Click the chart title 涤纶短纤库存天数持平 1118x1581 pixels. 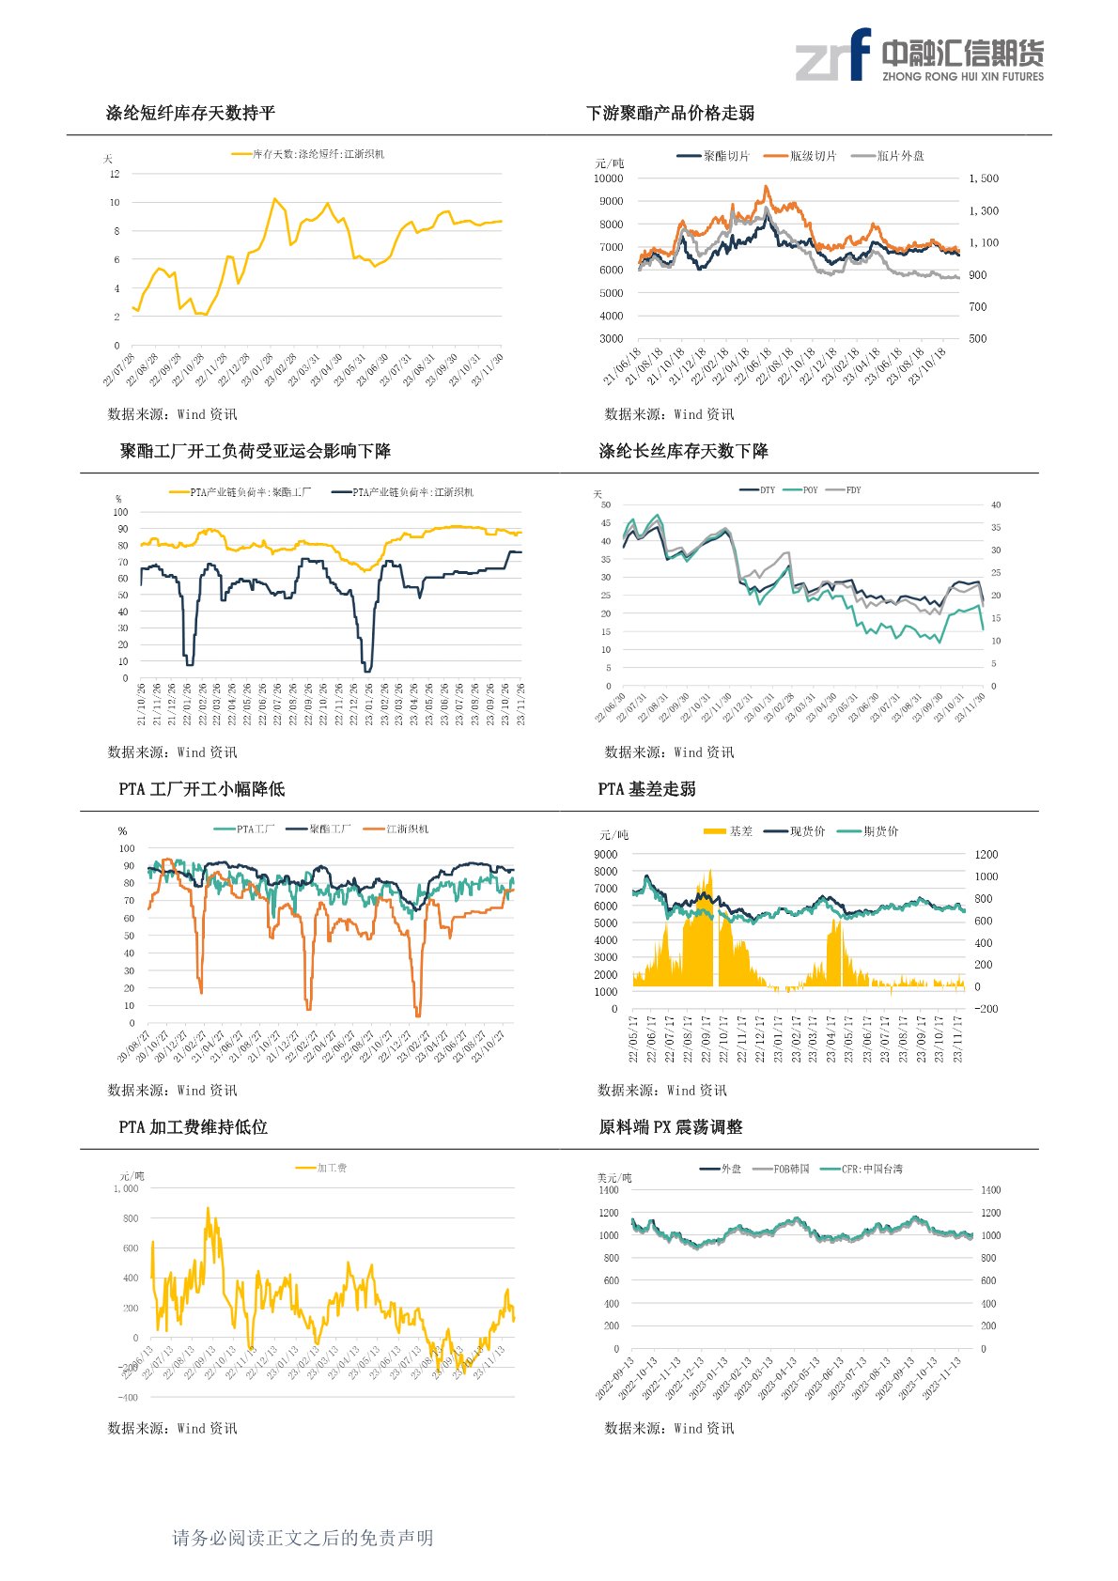coord(191,114)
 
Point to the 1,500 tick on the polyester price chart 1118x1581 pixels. coord(984,178)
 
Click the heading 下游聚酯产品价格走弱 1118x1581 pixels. coord(670,114)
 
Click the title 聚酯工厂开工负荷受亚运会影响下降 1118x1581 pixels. coord(256,452)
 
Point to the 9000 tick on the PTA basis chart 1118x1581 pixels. coord(606,855)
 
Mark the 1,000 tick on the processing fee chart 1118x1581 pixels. coord(126,1189)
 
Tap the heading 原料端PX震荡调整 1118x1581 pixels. coord(671,1127)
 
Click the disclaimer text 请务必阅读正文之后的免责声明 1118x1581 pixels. coord(303,1538)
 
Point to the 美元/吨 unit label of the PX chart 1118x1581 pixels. coord(614,1178)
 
